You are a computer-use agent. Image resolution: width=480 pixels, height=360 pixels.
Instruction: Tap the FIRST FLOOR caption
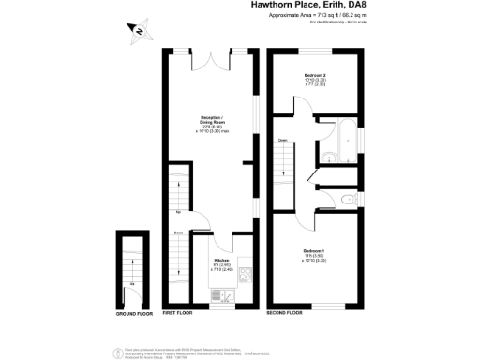coord(178,312)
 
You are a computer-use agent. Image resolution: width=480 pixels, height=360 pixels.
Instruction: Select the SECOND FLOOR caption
coord(286,312)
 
